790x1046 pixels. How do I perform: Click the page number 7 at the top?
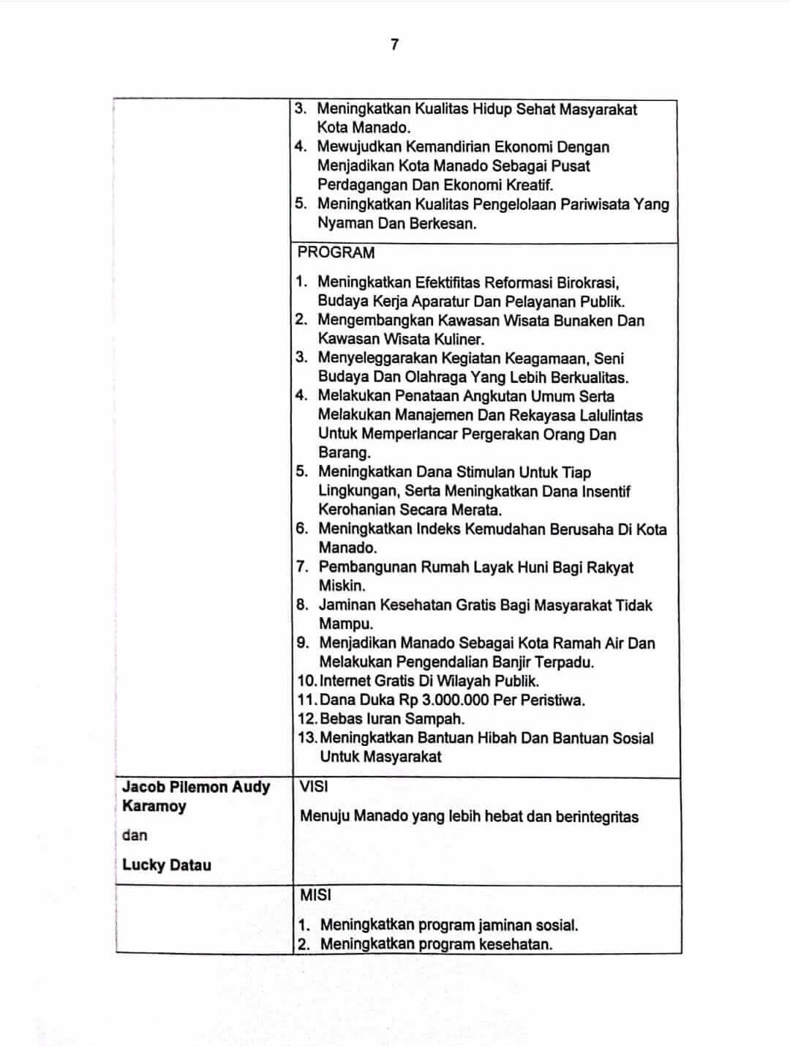(395, 45)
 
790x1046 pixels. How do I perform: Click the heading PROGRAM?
(336, 253)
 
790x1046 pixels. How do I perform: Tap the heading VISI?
(314, 787)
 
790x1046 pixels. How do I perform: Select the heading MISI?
(315, 894)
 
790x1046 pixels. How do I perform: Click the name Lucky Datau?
(167, 865)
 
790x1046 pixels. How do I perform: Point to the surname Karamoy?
(154, 806)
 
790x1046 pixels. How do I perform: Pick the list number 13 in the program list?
(306, 738)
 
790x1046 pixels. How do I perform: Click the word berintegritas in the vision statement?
(596, 817)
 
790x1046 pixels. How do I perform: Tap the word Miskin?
(342, 586)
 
